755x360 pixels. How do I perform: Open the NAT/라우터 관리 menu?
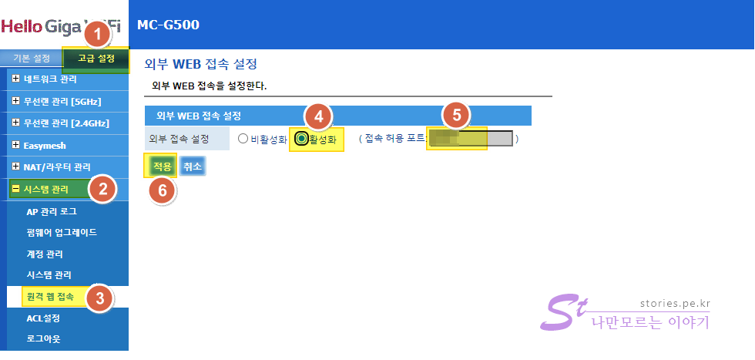[x=57, y=167]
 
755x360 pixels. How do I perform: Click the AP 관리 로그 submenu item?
[x=52, y=211]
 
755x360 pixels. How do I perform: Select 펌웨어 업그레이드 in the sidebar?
[x=61, y=232]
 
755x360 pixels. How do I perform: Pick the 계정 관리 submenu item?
[x=45, y=254]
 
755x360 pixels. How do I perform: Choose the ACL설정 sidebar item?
[x=43, y=318]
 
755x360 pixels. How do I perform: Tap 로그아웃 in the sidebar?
[x=43, y=338]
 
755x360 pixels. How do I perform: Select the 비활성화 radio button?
[x=243, y=140]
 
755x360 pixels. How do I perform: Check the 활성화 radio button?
[x=301, y=140]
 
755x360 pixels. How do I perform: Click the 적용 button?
[x=161, y=166]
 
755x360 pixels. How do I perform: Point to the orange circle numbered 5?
[x=456, y=115]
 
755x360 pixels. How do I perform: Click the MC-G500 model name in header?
[x=168, y=25]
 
